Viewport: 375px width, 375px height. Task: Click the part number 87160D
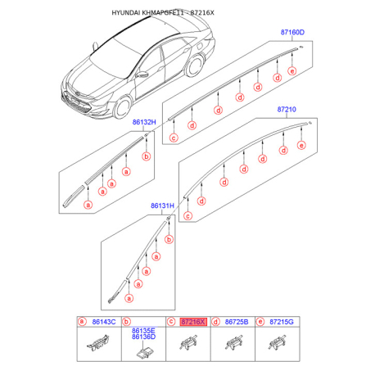coord(292,33)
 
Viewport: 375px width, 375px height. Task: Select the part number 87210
coord(287,110)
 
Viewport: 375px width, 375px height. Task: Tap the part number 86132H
coord(144,122)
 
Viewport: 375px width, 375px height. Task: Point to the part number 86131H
coord(162,206)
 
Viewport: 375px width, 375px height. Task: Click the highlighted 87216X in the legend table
coord(193,322)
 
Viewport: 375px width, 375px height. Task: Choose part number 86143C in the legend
coord(104,322)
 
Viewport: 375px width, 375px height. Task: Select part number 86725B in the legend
coord(237,322)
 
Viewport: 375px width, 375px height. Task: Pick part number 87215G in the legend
coord(282,322)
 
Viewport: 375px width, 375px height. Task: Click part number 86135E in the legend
coord(143,331)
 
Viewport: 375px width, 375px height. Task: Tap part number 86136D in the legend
coord(143,337)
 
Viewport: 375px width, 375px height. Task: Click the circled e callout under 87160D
coord(292,71)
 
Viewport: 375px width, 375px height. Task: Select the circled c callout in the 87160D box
coord(174,138)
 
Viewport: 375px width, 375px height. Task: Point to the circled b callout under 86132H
coord(147,156)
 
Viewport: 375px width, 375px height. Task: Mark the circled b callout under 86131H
coord(169,240)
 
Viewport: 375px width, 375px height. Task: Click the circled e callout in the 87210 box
coord(301,145)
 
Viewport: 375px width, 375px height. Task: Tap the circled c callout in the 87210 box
coord(187,216)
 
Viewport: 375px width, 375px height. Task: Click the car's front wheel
coord(123,107)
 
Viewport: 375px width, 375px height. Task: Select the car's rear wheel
coord(195,66)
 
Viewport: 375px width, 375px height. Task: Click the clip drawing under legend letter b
coord(144,352)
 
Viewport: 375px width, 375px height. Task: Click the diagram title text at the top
coord(163,12)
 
